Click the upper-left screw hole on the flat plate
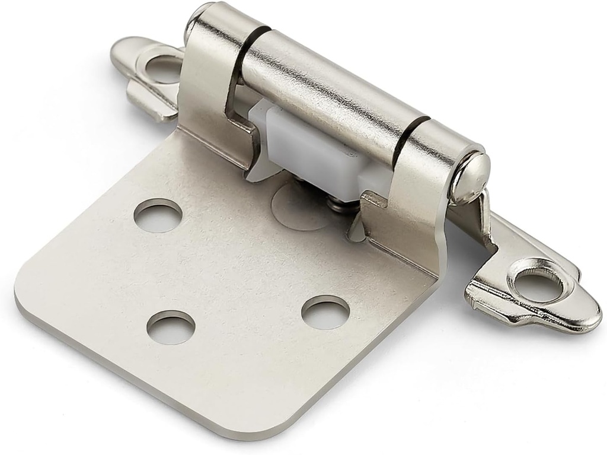point(158,215)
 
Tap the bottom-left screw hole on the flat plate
point(171,327)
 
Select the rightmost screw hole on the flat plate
point(325,313)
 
